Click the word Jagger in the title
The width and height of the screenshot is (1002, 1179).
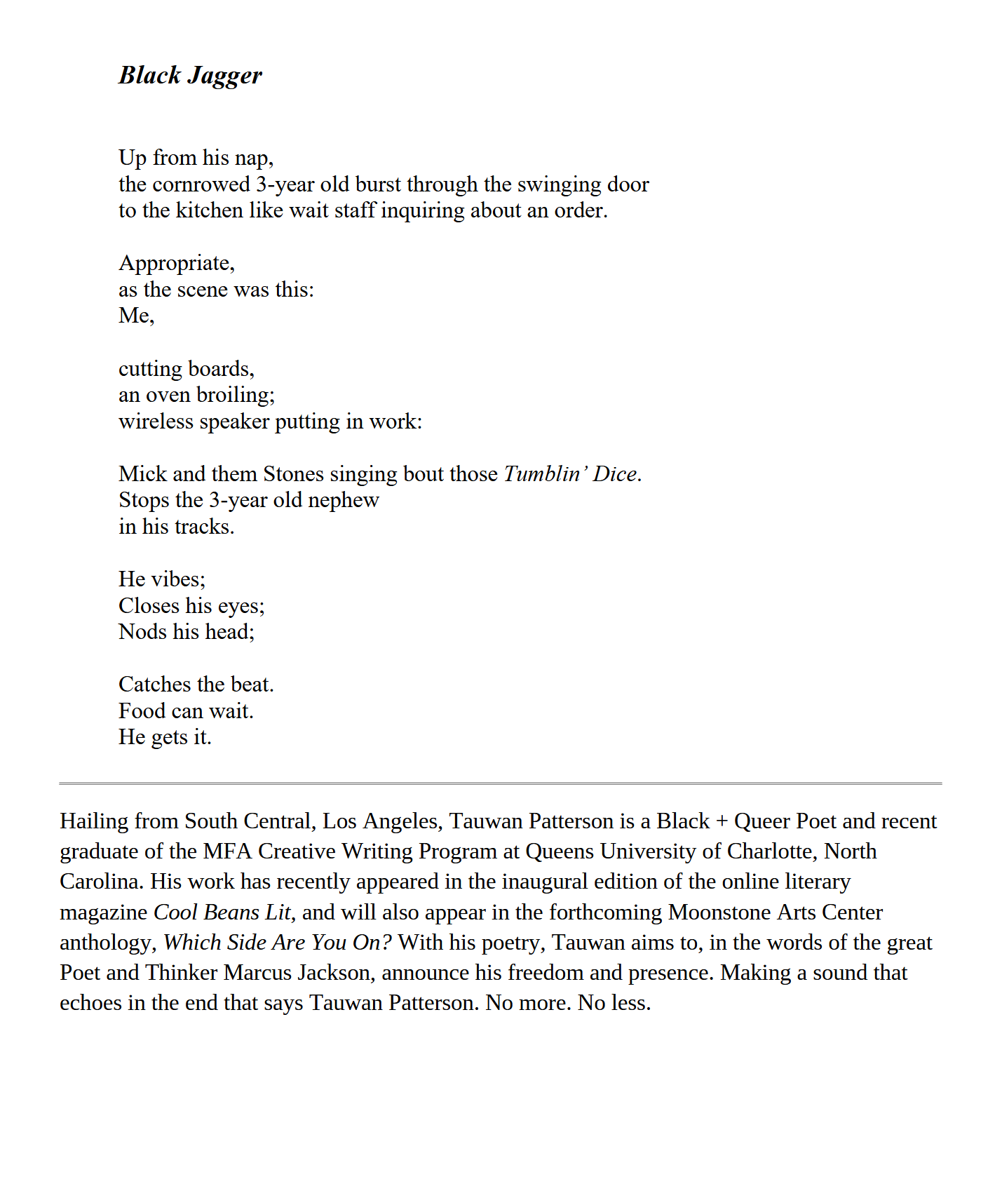click(224, 76)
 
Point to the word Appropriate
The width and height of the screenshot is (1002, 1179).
click(175, 263)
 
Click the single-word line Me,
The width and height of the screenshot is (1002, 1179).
click(136, 316)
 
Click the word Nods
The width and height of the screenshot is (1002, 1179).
click(142, 632)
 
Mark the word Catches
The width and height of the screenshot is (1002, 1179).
click(155, 685)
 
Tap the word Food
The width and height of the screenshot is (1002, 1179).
click(142, 711)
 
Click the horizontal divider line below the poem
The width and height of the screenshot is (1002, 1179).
click(501, 783)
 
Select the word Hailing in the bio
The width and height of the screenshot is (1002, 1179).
click(94, 821)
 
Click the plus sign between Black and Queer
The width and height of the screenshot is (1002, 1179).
click(722, 821)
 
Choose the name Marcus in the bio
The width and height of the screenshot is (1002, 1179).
click(257, 973)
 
